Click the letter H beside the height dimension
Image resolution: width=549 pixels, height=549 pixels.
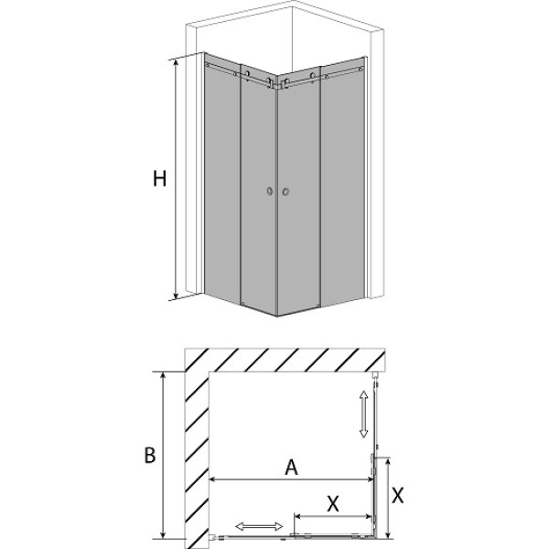pyautogui.click(x=159, y=178)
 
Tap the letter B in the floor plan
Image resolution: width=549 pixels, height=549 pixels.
pyautogui.click(x=150, y=456)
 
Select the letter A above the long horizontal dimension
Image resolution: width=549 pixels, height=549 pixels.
pyautogui.click(x=291, y=467)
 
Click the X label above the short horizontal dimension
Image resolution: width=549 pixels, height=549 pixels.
pyautogui.click(x=333, y=504)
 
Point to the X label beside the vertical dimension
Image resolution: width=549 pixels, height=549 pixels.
pyautogui.click(x=397, y=496)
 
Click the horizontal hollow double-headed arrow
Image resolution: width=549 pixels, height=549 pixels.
pyautogui.click(x=259, y=526)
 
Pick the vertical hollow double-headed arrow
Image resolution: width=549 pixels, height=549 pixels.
pyautogui.click(x=363, y=414)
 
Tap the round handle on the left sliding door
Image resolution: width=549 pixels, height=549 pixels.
pyautogui.click(x=269, y=191)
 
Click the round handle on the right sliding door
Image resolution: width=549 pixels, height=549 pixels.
pyautogui.click(x=285, y=191)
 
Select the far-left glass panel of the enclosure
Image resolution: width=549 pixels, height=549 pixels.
pyautogui.click(x=222, y=178)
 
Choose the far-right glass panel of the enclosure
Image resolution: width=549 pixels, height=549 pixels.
pyautogui.click(x=343, y=181)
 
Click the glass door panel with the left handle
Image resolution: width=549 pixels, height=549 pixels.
pyautogui.click(x=259, y=191)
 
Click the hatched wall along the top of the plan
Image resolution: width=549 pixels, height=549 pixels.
pyautogui.click(x=285, y=360)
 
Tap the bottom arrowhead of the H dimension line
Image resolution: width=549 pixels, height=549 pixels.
pyautogui.click(x=176, y=296)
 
